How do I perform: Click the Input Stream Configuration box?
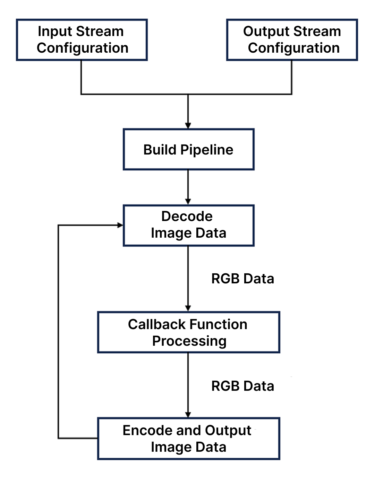(x=82, y=40)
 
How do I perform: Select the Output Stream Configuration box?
(x=292, y=40)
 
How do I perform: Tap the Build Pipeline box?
(x=188, y=150)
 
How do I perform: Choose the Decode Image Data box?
(x=188, y=225)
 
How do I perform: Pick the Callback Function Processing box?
(x=188, y=332)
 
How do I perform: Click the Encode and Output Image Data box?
(x=188, y=439)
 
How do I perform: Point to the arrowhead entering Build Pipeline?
(x=188, y=125)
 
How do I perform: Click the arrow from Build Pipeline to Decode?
(x=188, y=187)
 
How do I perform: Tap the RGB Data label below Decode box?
(x=242, y=279)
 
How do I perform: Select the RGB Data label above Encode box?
(x=242, y=386)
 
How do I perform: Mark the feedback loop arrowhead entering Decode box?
(x=120, y=225)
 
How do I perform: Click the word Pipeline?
(x=207, y=150)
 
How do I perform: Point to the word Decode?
(x=187, y=217)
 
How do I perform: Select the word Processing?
(x=189, y=341)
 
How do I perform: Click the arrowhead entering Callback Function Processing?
(x=188, y=308)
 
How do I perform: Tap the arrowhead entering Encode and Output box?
(x=188, y=415)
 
